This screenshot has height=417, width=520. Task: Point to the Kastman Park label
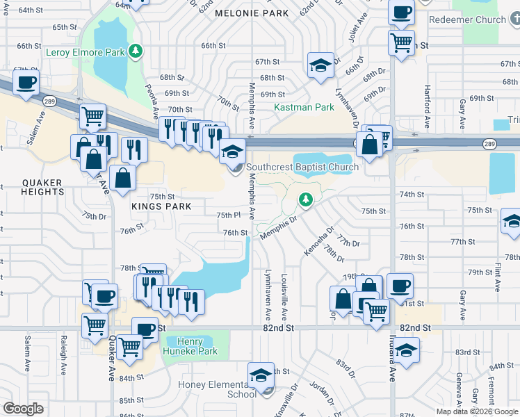(304, 108)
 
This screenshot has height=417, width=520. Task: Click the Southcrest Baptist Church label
(302, 167)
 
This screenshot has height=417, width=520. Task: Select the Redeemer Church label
(468, 19)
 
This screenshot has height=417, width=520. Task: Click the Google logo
(23, 409)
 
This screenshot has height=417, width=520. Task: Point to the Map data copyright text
(477, 411)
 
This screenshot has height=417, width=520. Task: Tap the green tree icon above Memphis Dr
(305, 200)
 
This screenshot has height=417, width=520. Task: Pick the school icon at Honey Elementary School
(261, 376)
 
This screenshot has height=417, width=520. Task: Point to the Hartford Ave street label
(426, 101)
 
